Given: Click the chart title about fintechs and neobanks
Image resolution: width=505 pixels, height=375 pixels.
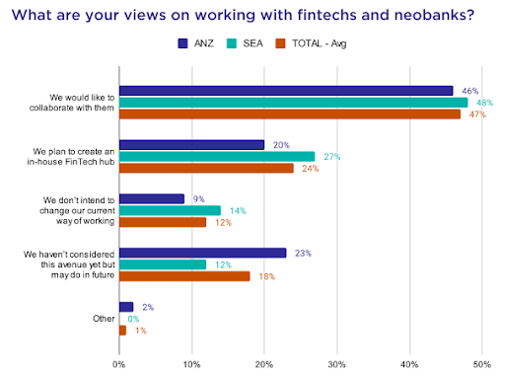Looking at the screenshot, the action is click(x=243, y=15).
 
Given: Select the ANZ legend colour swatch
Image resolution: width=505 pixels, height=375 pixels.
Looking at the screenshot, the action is click(x=182, y=43).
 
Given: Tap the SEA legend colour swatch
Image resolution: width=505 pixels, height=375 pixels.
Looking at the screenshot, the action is click(x=232, y=43).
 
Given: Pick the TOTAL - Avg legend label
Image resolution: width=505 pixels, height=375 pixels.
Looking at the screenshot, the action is click(x=320, y=43).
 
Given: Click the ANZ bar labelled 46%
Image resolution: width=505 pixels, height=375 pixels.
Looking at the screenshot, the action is click(x=286, y=91).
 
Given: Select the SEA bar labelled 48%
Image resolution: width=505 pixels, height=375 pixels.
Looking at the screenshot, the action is click(x=294, y=103).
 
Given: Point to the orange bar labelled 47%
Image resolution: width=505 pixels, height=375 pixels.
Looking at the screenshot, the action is click(x=290, y=114).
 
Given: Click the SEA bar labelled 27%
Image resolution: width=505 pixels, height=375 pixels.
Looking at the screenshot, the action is click(x=217, y=157).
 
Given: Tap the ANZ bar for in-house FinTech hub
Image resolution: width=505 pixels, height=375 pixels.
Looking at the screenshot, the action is click(x=191, y=145).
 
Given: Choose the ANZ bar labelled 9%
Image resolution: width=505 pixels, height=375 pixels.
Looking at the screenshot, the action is click(x=152, y=199).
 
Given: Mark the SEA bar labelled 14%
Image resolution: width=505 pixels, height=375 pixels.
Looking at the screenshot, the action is click(x=170, y=210).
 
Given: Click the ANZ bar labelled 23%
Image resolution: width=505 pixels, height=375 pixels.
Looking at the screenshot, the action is click(x=203, y=253).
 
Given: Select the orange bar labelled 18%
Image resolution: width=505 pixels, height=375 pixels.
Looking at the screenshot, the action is click(x=184, y=276).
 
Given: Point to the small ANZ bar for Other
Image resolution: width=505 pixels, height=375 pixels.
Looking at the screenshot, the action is click(x=126, y=307).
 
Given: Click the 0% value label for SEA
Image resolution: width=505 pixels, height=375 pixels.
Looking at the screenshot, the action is click(x=133, y=319).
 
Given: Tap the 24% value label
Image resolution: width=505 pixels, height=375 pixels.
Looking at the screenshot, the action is click(x=311, y=169).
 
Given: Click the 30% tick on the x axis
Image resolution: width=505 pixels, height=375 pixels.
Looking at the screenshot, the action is click(x=336, y=364).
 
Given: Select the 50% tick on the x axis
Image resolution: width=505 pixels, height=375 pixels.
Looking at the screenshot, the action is click(x=482, y=364).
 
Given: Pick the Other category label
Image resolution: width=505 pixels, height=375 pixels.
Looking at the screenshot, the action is click(x=104, y=319).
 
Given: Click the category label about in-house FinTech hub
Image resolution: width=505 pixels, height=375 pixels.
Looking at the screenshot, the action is click(x=71, y=157).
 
